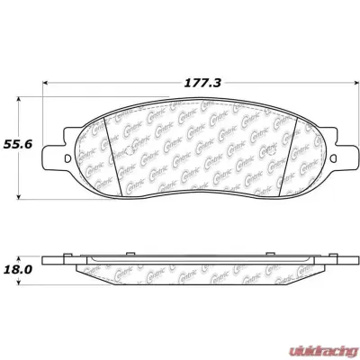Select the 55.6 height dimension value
(x=18, y=143)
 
